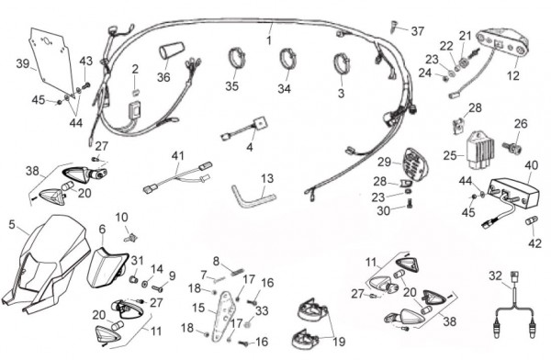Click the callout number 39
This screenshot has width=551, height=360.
click(23, 64)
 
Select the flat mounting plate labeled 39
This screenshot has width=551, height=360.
click(51, 59)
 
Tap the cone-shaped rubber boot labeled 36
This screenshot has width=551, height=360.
click(172, 51)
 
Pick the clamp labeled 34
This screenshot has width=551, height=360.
click(288, 59)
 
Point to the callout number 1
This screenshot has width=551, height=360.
click(269, 40)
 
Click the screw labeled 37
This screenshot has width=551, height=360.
click(394, 27)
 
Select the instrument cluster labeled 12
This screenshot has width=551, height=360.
click(503, 45)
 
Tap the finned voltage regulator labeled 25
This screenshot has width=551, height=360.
click(479, 150)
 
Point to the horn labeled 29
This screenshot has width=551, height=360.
click(414, 164)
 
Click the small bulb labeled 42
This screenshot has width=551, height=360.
click(532, 222)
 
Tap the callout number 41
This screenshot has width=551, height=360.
click(178, 155)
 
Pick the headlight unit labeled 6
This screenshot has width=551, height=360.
click(106, 266)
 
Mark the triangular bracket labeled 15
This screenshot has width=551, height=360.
click(223, 316)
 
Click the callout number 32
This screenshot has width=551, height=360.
click(496, 276)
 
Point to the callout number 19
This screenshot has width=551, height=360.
click(339, 341)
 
